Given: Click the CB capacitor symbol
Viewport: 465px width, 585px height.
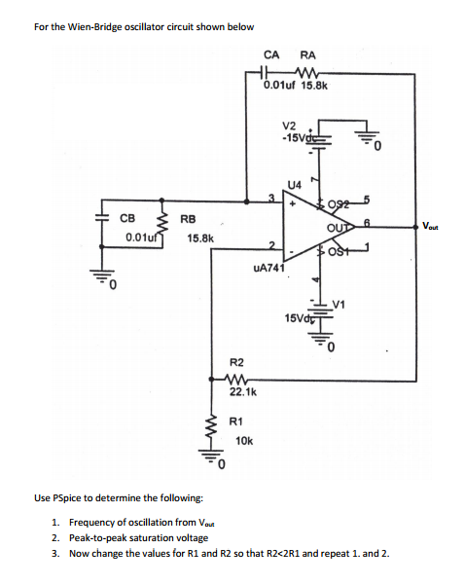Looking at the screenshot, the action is tap(101, 219).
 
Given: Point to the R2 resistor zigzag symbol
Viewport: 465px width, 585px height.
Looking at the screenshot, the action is tap(234, 379).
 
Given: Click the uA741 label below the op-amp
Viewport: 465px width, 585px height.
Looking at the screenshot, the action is tap(269, 268).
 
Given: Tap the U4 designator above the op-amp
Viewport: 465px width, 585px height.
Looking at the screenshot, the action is tap(295, 185).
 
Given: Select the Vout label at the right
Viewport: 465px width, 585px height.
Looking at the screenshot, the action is tap(430, 226).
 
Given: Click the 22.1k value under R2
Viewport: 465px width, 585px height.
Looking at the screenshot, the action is tap(243, 392).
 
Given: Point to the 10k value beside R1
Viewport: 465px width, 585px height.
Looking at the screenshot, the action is tap(244, 441).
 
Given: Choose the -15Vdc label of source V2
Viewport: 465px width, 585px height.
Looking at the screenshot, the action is tap(299, 138).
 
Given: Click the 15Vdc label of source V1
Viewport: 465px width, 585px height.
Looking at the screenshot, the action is tap(299, 318).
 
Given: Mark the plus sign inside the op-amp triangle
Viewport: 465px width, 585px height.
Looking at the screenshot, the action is tap(293, 204).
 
